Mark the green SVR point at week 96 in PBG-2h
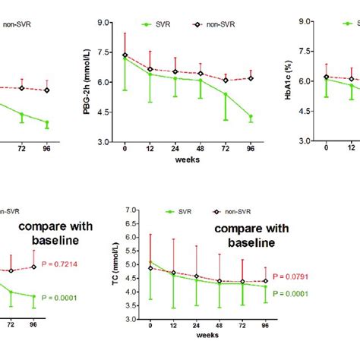click(x=251, y=117)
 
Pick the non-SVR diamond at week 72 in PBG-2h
click(x=226, y=80)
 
